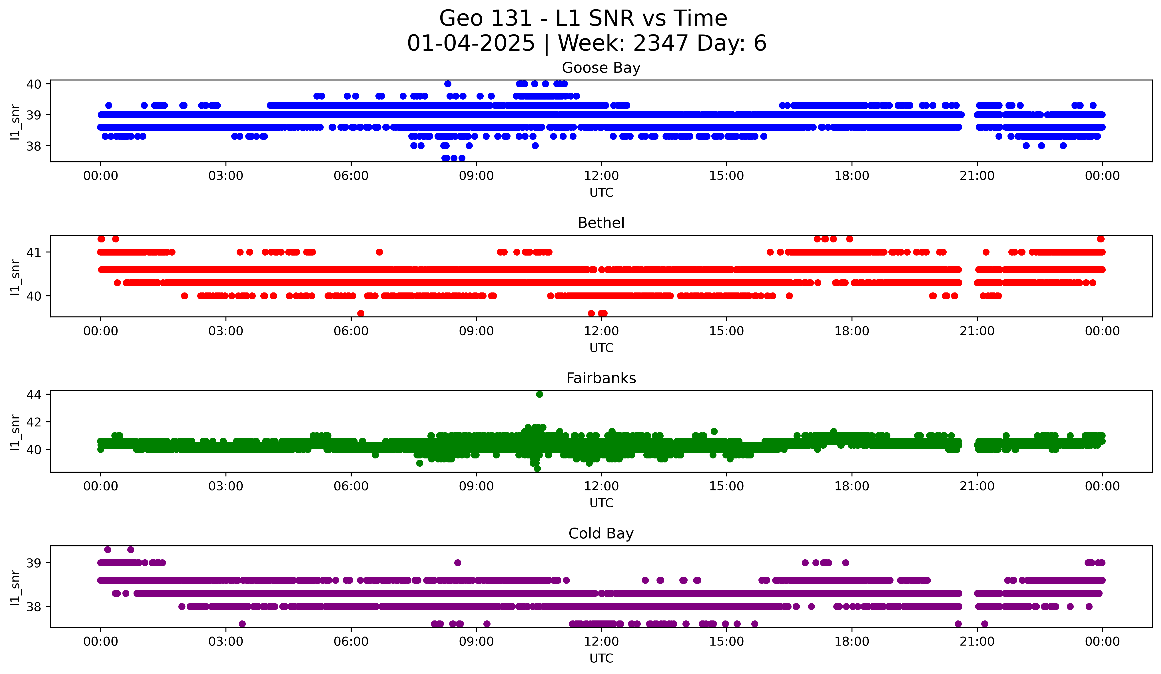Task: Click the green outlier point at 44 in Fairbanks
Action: click(539, 394)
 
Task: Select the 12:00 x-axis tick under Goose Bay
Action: click(601, 176)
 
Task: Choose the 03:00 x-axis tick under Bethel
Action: click(226, 331)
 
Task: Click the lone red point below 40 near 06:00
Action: click(361, 313)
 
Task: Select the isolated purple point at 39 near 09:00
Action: click(457, 562)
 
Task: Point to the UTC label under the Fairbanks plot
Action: click(601, 503)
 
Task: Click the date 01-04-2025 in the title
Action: click(471, 43)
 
